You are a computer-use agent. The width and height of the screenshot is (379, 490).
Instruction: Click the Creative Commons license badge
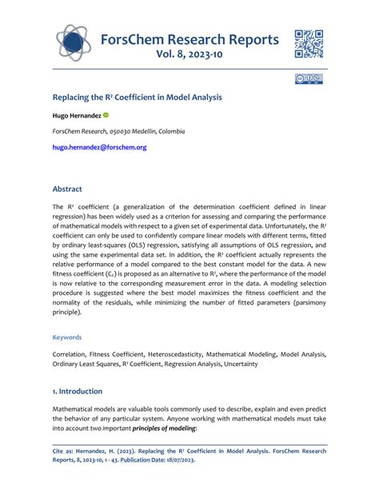(309, 79)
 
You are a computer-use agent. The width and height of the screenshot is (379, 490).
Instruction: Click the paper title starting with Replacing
(137, 97)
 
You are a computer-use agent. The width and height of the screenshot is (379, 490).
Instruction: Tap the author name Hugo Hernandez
(76, 115)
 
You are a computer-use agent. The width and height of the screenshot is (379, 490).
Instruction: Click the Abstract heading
(67, 189)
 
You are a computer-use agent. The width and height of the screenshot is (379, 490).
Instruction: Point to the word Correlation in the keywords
(72, 353)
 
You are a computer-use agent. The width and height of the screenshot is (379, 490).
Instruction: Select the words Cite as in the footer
(65, 450)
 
